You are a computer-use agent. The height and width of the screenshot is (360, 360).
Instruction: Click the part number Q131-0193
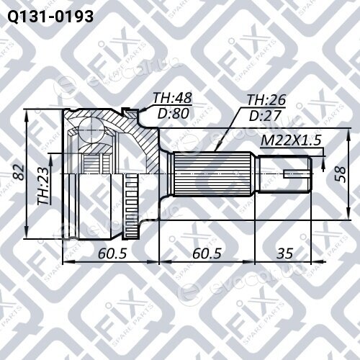[x=50, y=17]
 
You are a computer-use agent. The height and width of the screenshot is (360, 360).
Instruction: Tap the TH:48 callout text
[x=173, y=98]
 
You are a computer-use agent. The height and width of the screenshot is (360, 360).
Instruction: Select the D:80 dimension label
[x=174, y=114]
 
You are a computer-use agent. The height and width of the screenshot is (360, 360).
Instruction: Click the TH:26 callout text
[x=266, y=100]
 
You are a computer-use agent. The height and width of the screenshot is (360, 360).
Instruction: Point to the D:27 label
[x=265, y=116]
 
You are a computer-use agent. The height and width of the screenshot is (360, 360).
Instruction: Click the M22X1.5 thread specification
[x=291, y=140]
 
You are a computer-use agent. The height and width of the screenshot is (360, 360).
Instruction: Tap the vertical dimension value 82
[x=19, y=172]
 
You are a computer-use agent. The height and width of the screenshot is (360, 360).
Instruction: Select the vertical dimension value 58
[x=340, y=174]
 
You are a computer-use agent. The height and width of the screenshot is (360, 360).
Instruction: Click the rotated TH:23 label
[x=43, y=186]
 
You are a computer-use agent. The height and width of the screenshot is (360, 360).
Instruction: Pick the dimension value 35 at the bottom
[x=285, y=253]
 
